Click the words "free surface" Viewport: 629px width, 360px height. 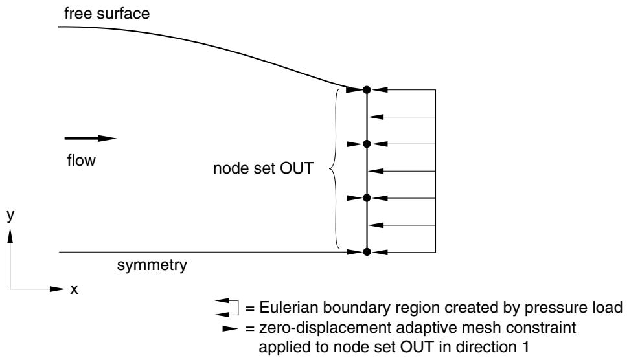click(107, 14)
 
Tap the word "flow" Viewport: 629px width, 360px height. click(82, 161)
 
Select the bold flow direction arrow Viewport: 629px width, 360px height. click(91, 139)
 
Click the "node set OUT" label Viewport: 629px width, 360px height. click(263, 168)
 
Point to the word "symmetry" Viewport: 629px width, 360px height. click(152, 265)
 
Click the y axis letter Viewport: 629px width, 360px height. click(10, 215)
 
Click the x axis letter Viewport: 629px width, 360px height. click(74, 289)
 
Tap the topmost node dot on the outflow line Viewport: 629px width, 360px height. click(367, 90)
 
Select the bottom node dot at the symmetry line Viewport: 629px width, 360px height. click(367, 252)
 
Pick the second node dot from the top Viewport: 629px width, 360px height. click(367, 144)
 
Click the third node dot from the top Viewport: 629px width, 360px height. click(367, 197)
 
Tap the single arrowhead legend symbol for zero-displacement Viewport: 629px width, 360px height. click(230, 329)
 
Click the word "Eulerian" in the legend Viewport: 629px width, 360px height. click(289, 308)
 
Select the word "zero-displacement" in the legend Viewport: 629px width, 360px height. click(325, 328)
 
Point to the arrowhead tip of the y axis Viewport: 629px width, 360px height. click(10, 228)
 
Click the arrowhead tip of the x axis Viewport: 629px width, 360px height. click(65, 289)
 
